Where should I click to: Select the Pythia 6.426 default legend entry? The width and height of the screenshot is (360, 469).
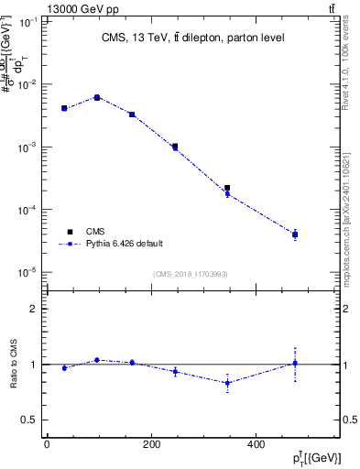pyautogui.click(x=124, y=244)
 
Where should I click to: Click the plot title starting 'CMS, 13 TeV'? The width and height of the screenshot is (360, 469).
pyautogui.click(x=192, y=38)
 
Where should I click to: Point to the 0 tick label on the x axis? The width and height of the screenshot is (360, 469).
pyautogui.click(x=47, y=444)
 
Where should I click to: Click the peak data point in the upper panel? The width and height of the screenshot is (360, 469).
pyautogui.click(x=97, y=97)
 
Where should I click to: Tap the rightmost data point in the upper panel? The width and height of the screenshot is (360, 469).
pyautogui.click(x=295, y=234)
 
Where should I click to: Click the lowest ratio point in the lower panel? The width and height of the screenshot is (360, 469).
pyautogui.click(x=227, y=383)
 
